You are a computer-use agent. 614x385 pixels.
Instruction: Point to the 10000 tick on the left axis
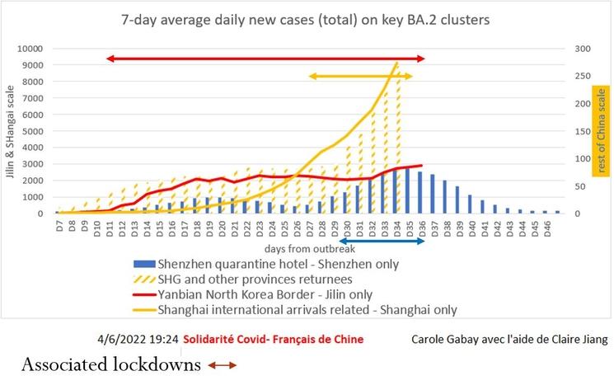29,49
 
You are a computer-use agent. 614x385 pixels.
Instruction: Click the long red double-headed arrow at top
265,59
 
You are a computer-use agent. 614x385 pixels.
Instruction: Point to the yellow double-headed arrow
359,77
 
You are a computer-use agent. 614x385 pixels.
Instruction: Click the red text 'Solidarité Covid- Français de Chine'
273,340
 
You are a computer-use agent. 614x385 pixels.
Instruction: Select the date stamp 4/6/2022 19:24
136,340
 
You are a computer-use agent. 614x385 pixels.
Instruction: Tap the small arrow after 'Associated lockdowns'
222,364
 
